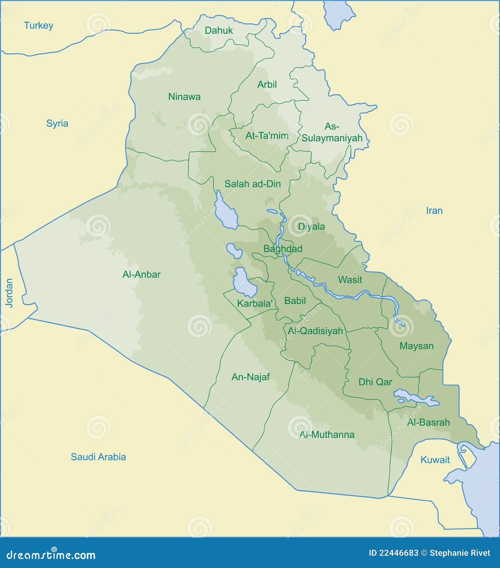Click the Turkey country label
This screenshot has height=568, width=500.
38,26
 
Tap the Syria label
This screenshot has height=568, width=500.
57,123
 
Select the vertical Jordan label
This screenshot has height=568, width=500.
9,292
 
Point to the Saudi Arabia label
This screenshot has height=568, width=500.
98,457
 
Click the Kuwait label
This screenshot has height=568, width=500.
435,460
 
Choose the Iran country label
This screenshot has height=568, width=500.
434,211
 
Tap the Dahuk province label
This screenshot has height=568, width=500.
219,31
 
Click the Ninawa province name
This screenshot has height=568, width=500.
184,97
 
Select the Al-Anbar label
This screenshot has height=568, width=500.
141,275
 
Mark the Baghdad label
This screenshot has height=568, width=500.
283,249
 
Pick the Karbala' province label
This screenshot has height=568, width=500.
255,303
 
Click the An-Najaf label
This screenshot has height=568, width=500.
251,377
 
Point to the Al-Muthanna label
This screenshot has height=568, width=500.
327,435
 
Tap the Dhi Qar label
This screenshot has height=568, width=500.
375,382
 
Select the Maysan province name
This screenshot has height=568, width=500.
416,346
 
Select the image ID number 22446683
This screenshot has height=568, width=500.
398,553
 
